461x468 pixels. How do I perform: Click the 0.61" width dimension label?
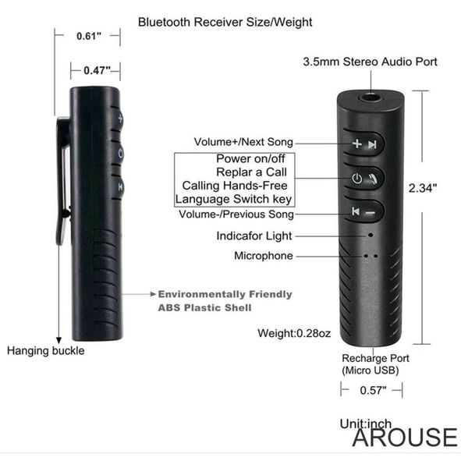[x=89, y=36]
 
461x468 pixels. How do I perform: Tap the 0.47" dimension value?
[x=97, y=71]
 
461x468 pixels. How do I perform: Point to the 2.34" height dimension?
[x=423, y=188]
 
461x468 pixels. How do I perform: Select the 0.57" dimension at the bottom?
[x=373, y=390]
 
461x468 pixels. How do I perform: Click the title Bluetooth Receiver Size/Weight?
[x=225, y=22]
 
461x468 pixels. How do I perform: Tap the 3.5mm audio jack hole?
[x=371, y=97]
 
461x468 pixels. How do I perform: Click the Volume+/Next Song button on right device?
[x=364, y=144]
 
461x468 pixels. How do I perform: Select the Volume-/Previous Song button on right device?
[x=364, y=211]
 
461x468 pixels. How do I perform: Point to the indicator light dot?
[x=371, y=236]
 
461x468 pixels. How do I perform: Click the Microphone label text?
[x=264, y=256]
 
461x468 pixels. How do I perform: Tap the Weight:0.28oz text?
[x=294, y=333]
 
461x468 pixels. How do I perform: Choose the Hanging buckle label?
[x=46, y=351]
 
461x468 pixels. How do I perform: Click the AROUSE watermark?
[x=405, y=438]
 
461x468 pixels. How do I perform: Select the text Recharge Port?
[x=376, y=358]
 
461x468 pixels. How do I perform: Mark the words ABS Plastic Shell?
[x=205, y=308]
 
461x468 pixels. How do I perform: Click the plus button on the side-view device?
[x=119, y=119]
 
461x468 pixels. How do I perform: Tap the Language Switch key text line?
[x=233, y=199]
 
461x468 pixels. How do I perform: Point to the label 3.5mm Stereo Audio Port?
[x=371, y=62]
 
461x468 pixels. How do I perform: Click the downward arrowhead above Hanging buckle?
[x=59, y=341]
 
